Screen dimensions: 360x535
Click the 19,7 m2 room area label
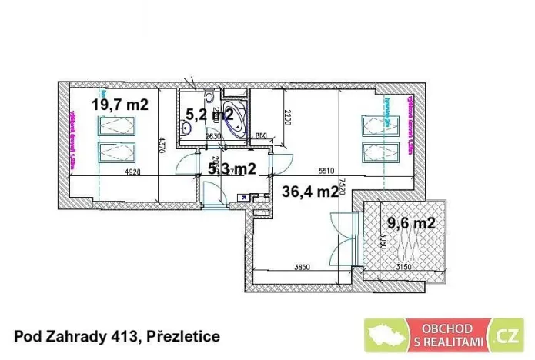pos(121,105)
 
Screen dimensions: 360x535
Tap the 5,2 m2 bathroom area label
pos(209,115)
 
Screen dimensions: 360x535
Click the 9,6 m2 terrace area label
pos(410,224)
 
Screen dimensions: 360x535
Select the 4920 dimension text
pos(132,173)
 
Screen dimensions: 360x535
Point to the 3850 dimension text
pos(299,267)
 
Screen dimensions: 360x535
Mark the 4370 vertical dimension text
pos(162,146)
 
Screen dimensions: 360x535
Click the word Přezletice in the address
pos(181,336)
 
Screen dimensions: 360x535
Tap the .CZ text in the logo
pos(506,337)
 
